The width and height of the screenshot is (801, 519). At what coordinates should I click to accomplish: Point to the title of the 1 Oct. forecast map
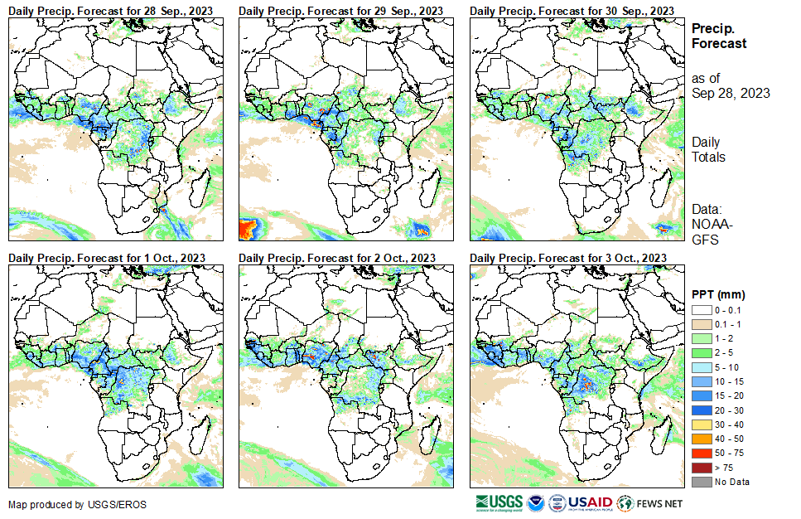click(107, 258)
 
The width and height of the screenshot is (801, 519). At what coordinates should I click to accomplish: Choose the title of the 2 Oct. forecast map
click(337, 258)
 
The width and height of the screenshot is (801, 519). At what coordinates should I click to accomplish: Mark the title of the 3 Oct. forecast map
click(568, 258)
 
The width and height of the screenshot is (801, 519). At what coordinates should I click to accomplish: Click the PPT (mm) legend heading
click(718, 294)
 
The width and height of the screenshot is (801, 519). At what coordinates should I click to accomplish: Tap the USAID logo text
click(591, 502)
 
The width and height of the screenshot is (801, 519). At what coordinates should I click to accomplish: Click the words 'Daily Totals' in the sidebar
click(708, 150)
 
